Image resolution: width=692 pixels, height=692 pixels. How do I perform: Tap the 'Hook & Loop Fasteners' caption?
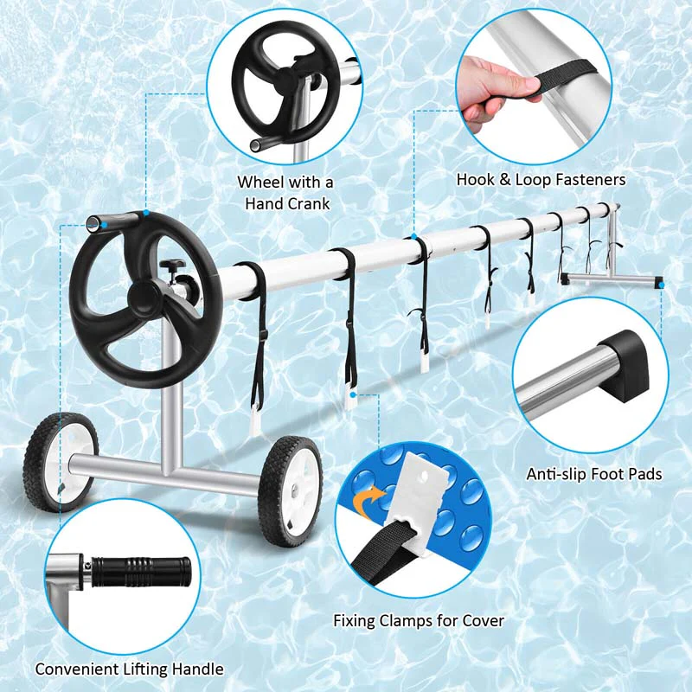541,180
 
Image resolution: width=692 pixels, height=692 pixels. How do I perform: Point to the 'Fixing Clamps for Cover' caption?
419,620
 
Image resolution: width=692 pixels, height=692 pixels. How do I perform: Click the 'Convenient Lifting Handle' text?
130,669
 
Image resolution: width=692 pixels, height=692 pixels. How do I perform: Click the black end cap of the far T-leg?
659,282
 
